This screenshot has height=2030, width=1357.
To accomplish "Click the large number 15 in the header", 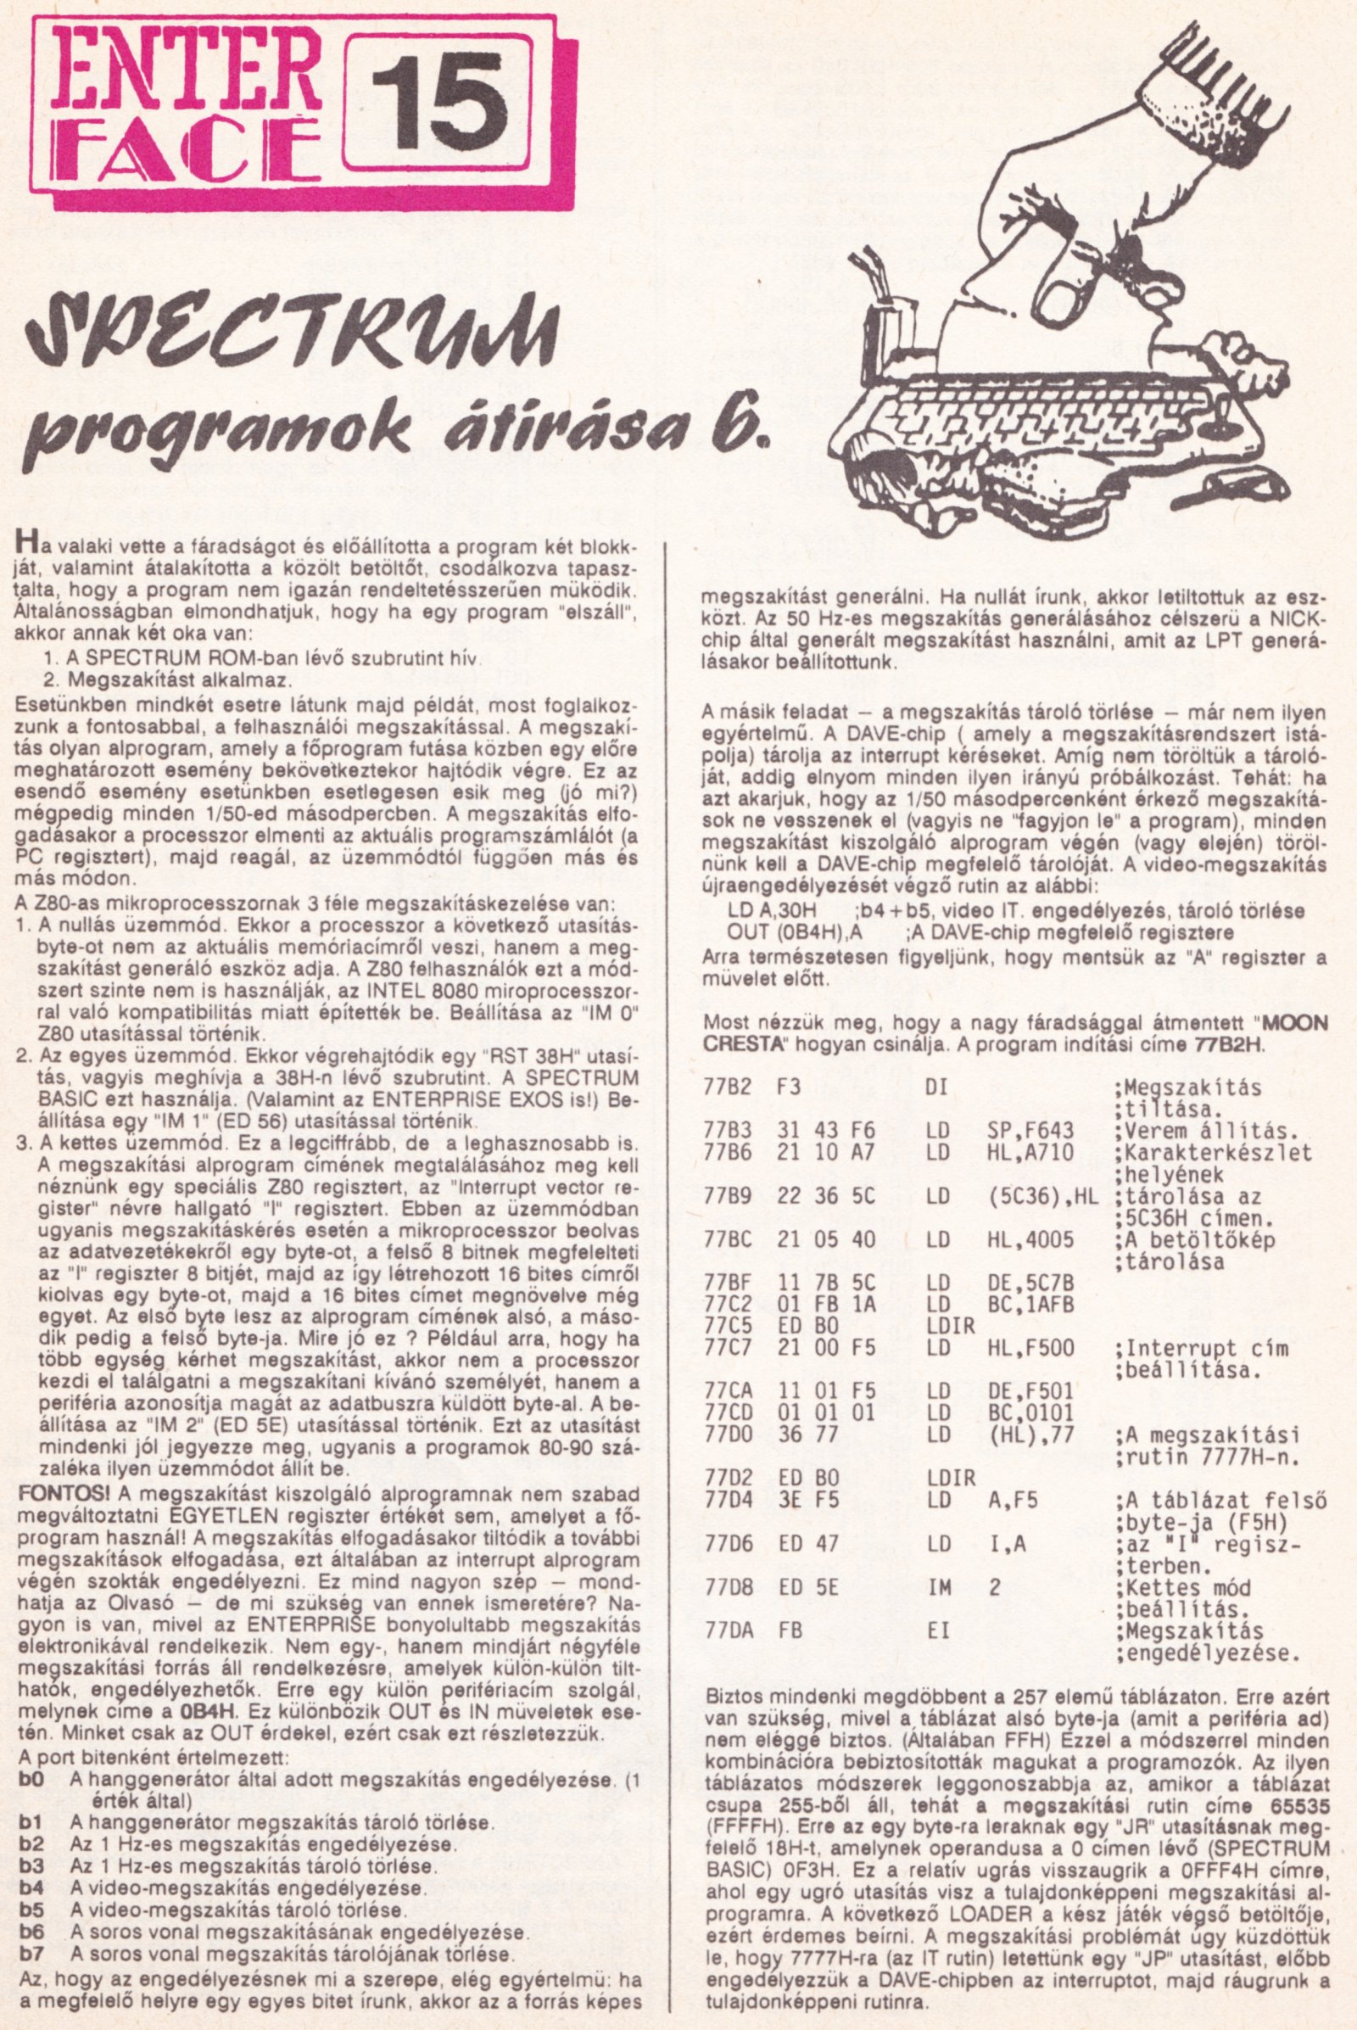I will [435, 109].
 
